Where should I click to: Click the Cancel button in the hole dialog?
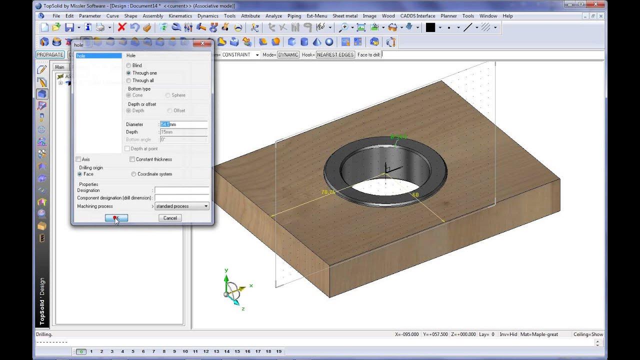[170, 218]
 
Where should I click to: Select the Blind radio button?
[129, 65]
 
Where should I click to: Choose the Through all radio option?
[129, 80]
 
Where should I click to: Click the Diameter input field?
[183, 124]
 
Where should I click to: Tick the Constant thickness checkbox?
[132, 159]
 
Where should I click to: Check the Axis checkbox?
[78, 159]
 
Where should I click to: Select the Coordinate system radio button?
[133, 174]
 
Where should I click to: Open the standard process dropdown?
[181, 206]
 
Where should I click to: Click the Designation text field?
[181, 190]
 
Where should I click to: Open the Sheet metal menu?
[345, 16]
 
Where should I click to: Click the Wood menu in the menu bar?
[388, 16]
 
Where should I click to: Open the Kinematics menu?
[180, 16]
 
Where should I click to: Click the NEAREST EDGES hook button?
[335, 54]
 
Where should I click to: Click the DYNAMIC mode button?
[288, 54]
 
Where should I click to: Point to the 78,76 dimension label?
[328, 192]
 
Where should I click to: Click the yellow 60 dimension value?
[415, 194]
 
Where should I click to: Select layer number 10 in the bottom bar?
[185, 351]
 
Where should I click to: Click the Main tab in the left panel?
[59, 67]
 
